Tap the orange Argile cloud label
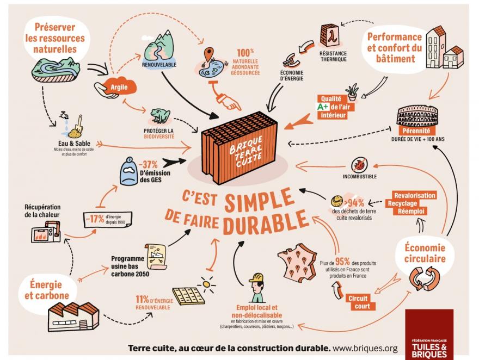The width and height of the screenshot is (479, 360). click(x=118, y=87)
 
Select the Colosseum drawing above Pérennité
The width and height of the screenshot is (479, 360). click(x=417, y=116)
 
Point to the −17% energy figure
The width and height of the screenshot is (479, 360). click(x=96, y=219)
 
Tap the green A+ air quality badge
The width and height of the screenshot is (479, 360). click(x=323, y=107)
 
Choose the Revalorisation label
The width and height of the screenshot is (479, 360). click(x=415, y=195)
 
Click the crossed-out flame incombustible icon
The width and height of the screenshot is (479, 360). click(x=359, y=163)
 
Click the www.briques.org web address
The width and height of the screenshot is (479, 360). click(x=365, y=348)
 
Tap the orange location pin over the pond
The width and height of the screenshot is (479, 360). click(x=208, y=55)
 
